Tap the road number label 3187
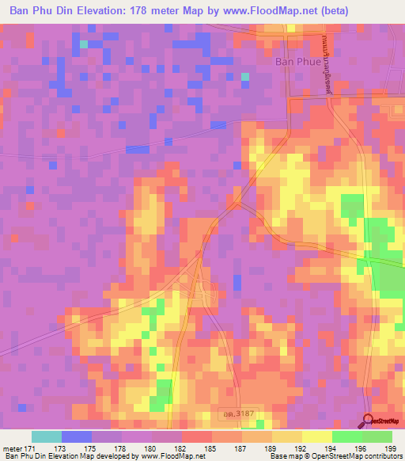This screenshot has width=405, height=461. (235, 414)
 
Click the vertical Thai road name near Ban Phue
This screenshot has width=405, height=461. (325, 67)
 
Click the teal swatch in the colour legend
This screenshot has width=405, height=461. (47, 436)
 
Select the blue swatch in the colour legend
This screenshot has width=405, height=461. (77, 436)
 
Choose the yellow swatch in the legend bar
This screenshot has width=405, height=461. (316, 436)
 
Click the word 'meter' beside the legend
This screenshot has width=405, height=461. (13, 448)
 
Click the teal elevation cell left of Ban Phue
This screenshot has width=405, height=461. (245, 77)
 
